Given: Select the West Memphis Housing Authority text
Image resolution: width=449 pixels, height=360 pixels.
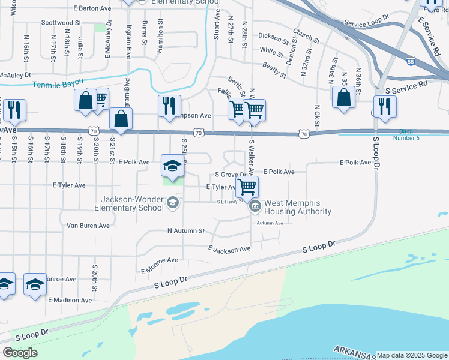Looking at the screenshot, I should [298, 208].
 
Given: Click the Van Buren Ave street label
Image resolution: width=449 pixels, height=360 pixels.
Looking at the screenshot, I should [88, 226].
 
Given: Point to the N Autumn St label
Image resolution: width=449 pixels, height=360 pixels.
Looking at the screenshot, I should [185, 231].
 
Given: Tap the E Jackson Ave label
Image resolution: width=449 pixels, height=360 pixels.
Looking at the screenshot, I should [229, 249].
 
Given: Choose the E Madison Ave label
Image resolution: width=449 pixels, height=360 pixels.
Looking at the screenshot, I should [70, 300].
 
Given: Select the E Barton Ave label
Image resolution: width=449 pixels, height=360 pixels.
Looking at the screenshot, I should [92, 9].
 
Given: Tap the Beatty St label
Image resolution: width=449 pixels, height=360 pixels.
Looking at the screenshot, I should [274, 69].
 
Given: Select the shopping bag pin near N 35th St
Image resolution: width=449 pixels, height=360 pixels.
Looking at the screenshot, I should [343, 98].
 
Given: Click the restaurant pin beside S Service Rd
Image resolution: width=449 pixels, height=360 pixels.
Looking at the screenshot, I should [384, 107].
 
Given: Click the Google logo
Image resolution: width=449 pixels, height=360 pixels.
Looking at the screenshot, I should [20, 353].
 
